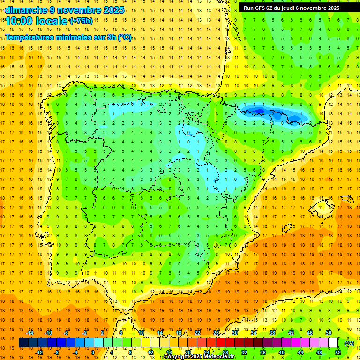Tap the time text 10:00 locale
[x=36, y=21]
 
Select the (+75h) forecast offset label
[x=81, y=21]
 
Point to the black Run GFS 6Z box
[x=295, y=7]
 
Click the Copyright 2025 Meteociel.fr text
[x=199, y=357]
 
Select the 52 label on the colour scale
[x=338, y=352]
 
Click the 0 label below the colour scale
[x=93, y=352]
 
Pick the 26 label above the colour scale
[x=216, y=332]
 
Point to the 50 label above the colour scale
[x=329, y=332]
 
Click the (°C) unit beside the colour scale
[x=349, y=343]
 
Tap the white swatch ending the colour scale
[x=333, y=343]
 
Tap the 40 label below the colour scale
[x=282, y=352]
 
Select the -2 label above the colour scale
[x=85, y=332]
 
